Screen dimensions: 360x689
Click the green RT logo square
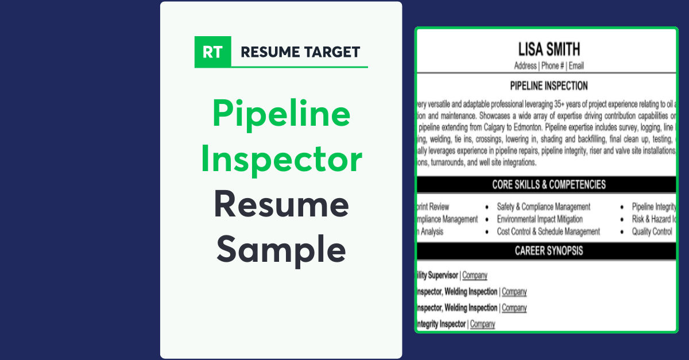point(213,52)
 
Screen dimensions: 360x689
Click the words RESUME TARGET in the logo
point(300,52)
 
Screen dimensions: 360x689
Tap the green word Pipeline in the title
point(281,114)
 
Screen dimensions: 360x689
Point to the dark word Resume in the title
point(281,204)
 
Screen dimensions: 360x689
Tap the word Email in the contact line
point(576,65)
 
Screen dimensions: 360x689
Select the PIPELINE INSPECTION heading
point(548,86)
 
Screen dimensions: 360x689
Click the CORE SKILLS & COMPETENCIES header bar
point(548,185)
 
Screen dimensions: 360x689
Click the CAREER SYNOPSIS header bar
point(548,251)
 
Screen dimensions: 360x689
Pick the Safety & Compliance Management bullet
point(543,207)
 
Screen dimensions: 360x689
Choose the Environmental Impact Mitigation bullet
point(539,219)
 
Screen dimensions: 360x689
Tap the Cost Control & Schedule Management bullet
point(548,231)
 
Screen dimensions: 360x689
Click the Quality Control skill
point(652,231)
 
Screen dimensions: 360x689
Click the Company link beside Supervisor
point(475,276)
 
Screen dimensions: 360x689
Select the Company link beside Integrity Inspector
point(482,324)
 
